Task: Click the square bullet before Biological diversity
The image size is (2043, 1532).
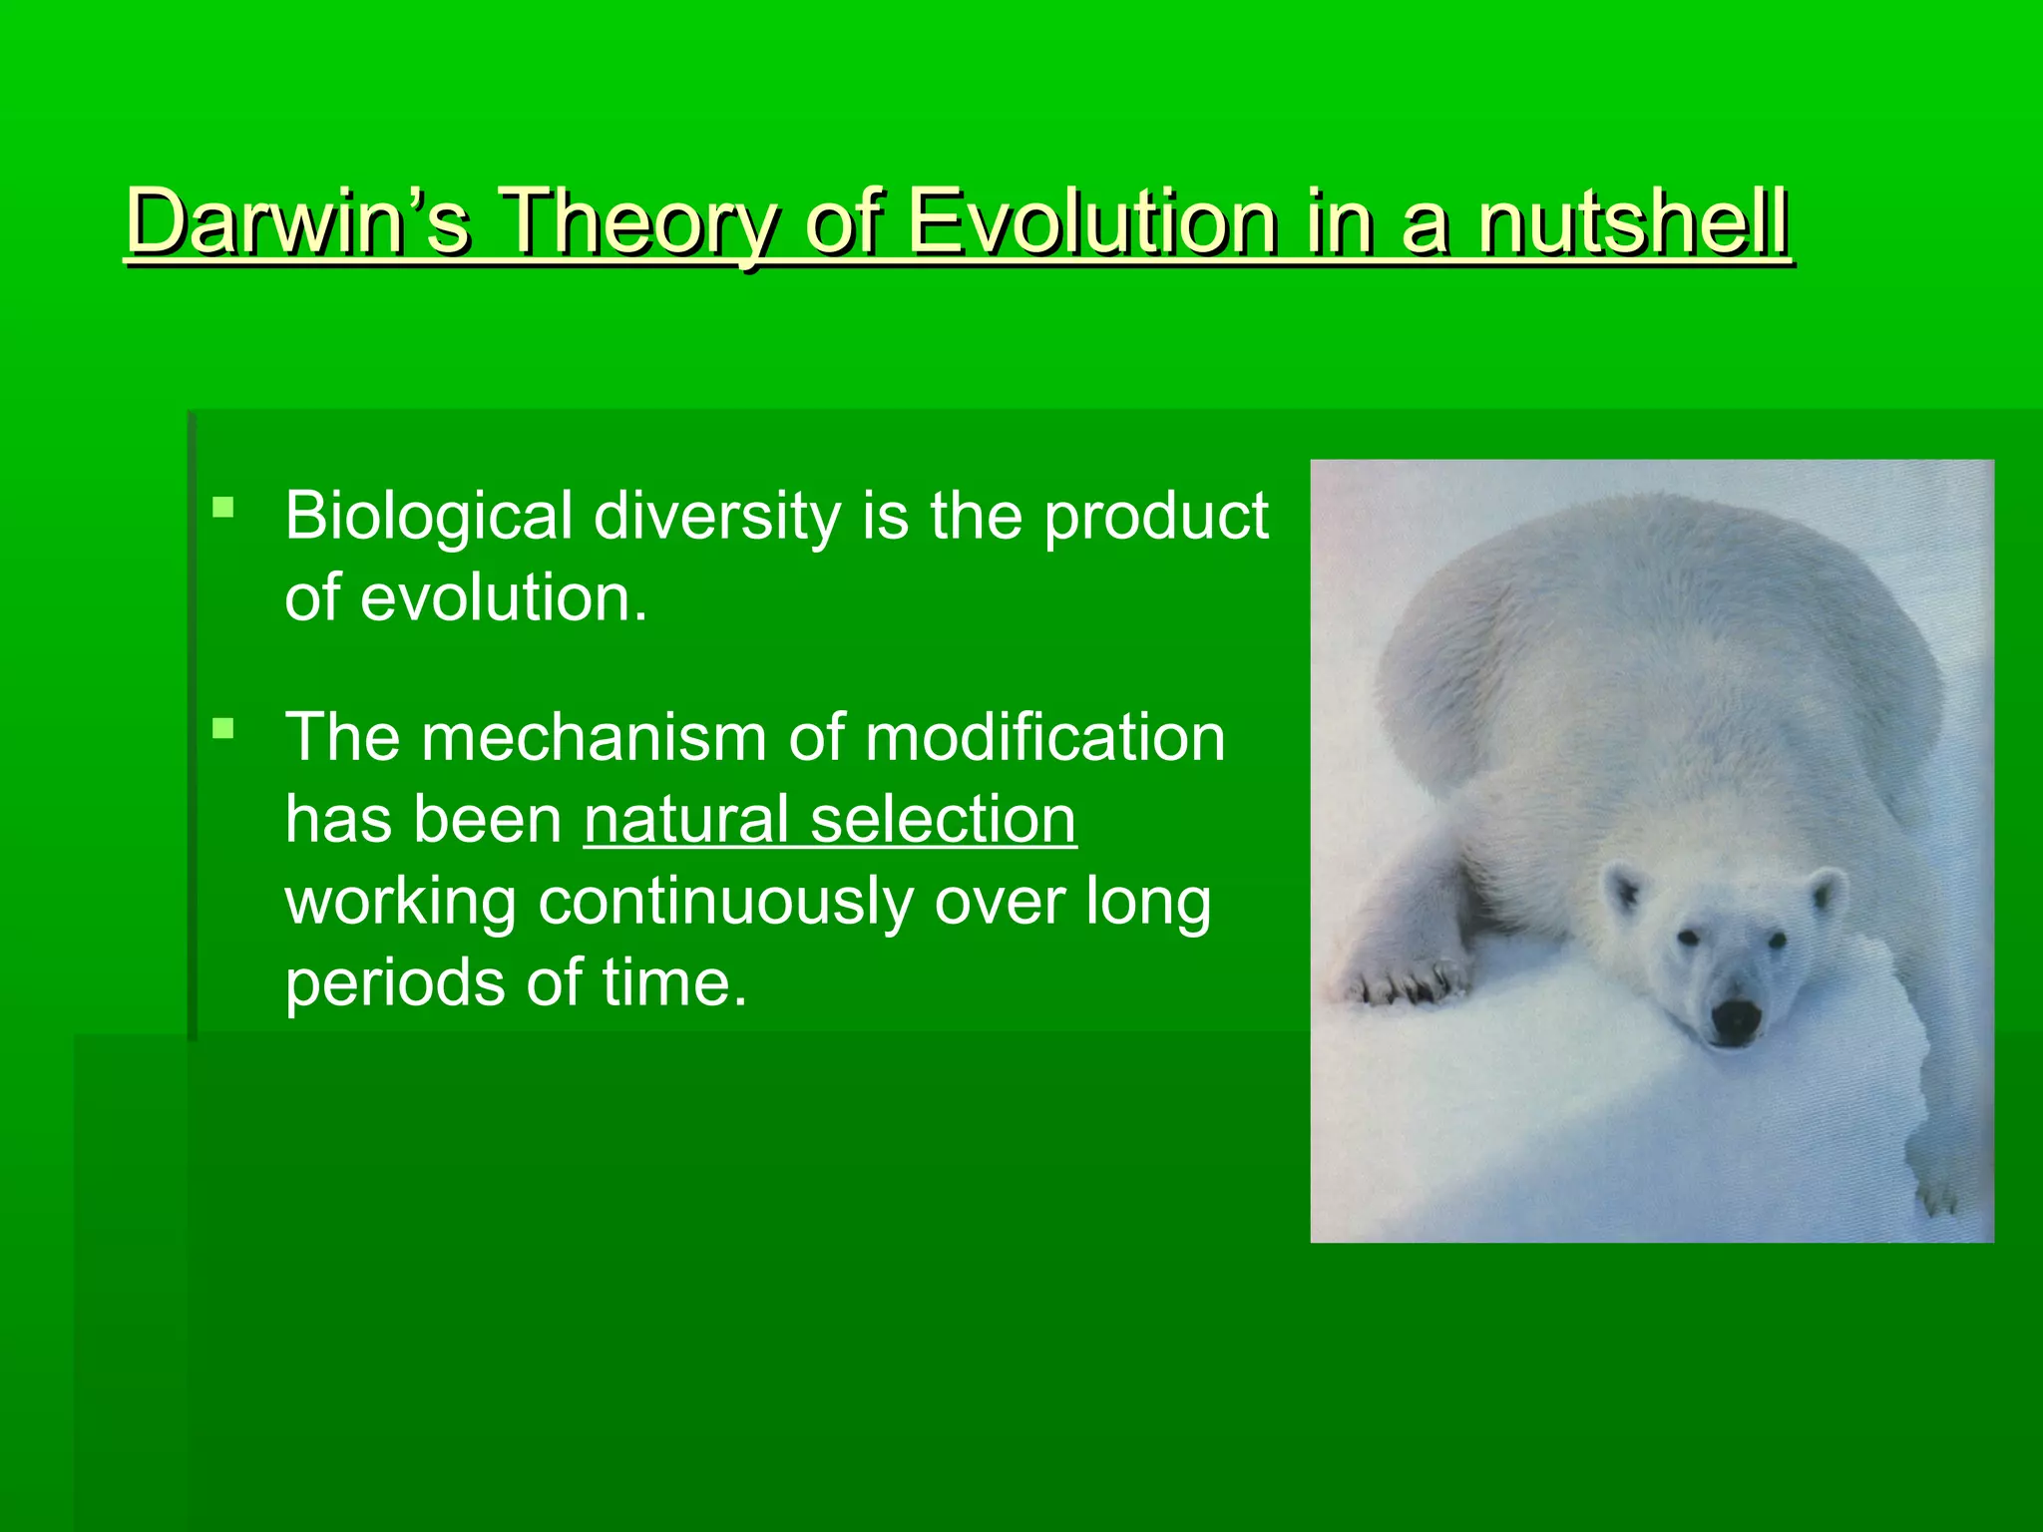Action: [x=223, y=509]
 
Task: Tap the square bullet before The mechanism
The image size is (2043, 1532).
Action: [x=223, y=729]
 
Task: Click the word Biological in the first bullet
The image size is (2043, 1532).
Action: [x=429, y=517]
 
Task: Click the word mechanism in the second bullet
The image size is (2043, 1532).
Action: [x=595, y=738]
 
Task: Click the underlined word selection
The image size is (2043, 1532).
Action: [x=943, y=820]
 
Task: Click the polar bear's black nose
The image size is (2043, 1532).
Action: [x=1737, y=1020]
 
